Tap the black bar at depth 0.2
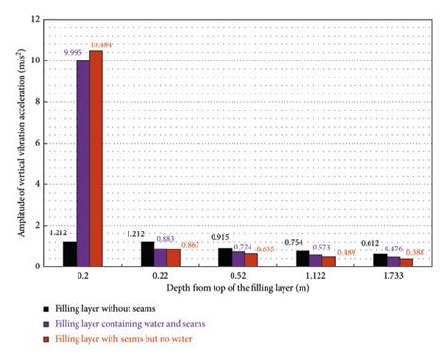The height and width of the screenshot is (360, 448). (x=69, y=253)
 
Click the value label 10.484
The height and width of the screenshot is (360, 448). (x=101, y=44)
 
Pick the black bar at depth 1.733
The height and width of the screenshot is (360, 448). (x=379, y=260)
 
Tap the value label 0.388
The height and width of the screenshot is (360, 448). (x=414, y=252)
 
